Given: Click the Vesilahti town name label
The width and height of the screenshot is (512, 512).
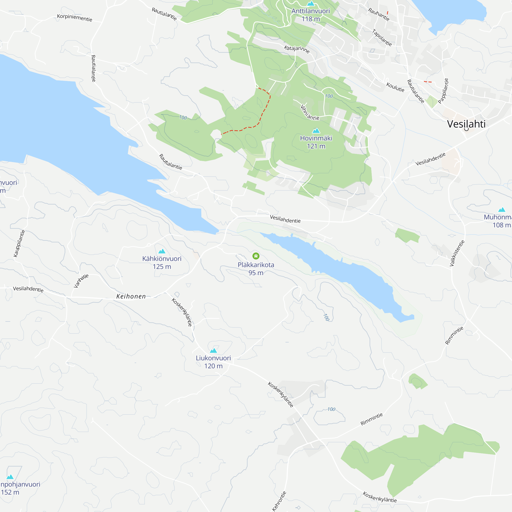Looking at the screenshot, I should tap(466, 124).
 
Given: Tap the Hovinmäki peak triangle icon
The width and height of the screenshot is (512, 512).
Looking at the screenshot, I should tap(316, 130).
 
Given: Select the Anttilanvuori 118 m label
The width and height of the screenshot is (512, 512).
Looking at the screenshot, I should tap(311, 15).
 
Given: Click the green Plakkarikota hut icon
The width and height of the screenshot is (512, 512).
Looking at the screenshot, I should tap(256, 256).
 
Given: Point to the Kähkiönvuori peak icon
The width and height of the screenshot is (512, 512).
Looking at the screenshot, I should tap(162, 251).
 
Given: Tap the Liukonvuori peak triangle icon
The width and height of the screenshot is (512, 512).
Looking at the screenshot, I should tap(213, 351).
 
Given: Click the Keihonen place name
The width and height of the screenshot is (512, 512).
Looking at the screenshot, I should tap(131, 296).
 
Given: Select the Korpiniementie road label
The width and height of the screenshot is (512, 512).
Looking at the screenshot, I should tap(75, 18).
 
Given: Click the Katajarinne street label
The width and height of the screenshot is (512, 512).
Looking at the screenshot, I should tap(296, 49).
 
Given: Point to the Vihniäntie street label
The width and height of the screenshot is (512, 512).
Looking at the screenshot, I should tap(310, 112).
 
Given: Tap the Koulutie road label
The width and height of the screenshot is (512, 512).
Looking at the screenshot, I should tap(395, 87).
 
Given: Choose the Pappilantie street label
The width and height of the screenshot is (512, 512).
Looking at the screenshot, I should tap(443, 91).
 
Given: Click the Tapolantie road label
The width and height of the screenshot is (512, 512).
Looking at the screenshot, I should tap(382, 37).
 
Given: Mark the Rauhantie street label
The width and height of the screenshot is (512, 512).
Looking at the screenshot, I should tap(379, 14).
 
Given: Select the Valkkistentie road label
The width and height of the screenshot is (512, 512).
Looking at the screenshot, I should tap(457, 253).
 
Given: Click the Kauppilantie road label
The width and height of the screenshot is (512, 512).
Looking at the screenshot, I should tap(19, 243).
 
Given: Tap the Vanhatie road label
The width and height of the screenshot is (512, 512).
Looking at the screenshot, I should tap(81, 281).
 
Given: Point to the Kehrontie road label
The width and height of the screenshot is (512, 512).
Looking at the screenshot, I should tap(279, 501).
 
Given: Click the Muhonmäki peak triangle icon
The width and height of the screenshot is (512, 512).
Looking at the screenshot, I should tap(502, 210).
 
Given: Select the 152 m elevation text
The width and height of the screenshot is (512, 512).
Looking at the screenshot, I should tap(10, 492).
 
